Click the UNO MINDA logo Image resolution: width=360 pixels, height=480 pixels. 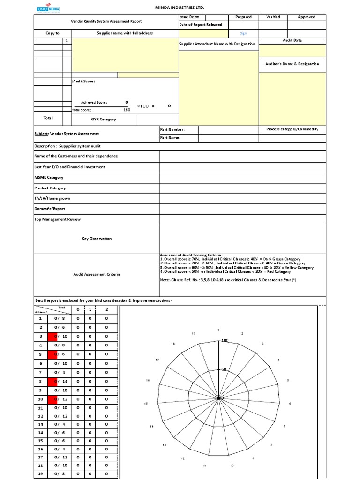tap(48, 8)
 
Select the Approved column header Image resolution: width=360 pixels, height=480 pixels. tap(307, 17)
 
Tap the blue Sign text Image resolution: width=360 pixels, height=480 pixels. tap(243, 33)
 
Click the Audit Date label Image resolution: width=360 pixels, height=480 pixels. tap(292, 40)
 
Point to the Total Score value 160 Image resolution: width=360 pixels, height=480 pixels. tap(127, 110)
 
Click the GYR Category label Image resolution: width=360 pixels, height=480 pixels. tap(104, 120)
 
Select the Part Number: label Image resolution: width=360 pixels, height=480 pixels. tap(172, 129)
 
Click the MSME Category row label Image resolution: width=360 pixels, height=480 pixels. tap(49, 178)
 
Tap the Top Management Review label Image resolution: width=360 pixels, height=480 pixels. tap(57, 219)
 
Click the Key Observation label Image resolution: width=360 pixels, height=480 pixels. tap(97, 239)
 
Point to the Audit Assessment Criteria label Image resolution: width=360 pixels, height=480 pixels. tap(97, 274)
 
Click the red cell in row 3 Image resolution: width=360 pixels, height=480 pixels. tap(55, 337)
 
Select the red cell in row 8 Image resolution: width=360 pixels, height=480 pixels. tap(55, 382)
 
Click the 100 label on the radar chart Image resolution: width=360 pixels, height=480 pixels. tap(224, 340)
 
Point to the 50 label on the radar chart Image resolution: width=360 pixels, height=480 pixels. tap(224, 369)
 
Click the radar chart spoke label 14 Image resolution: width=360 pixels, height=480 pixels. tap(151, 426)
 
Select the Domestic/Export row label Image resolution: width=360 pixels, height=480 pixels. tap(50, 209)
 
